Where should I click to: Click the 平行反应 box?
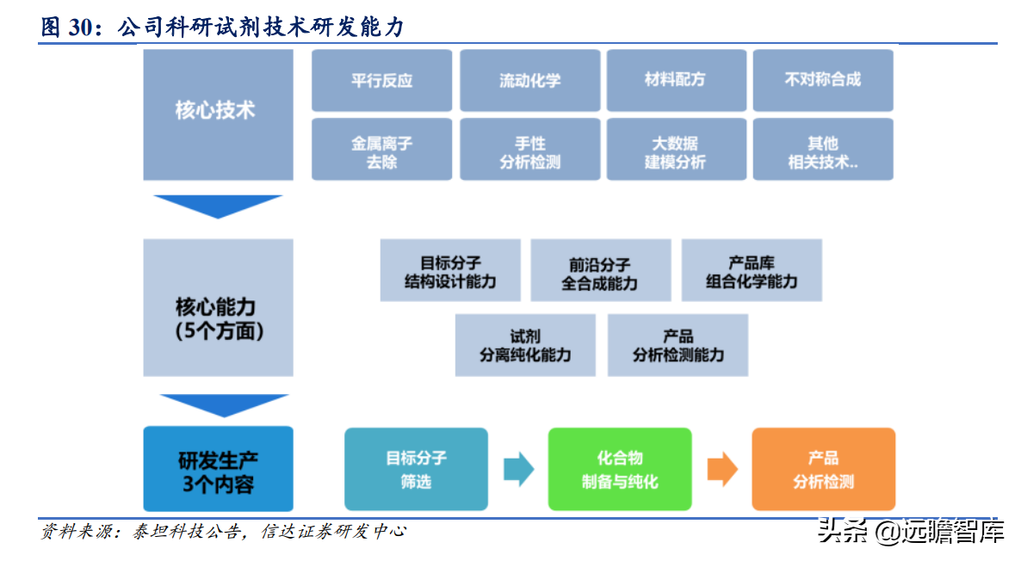click(381, 80)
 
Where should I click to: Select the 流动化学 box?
click(529, 80)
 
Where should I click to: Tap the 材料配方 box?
click(676, 80)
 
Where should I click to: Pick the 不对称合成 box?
click(823, 80)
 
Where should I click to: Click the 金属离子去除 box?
click(381, 150)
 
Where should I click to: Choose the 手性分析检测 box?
click(529, 150)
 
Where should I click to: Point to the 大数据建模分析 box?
click(676, 150)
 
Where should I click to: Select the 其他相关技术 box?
click(823, 150)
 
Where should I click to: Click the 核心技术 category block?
click(218, 112)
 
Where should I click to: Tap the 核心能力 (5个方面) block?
click(218, 308)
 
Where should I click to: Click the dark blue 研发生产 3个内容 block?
click(218, 469)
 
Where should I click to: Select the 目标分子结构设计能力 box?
click(450, 270)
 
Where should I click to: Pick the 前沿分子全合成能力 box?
click(600, 270)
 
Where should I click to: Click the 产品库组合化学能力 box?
click(752, 270)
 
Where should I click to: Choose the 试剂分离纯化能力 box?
click(525, 345)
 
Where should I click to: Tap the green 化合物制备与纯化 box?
click(620, 469)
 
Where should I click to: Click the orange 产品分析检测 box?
click(823, 469)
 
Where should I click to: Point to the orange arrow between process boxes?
click(722, 469)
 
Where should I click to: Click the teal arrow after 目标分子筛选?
click(518, 469)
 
